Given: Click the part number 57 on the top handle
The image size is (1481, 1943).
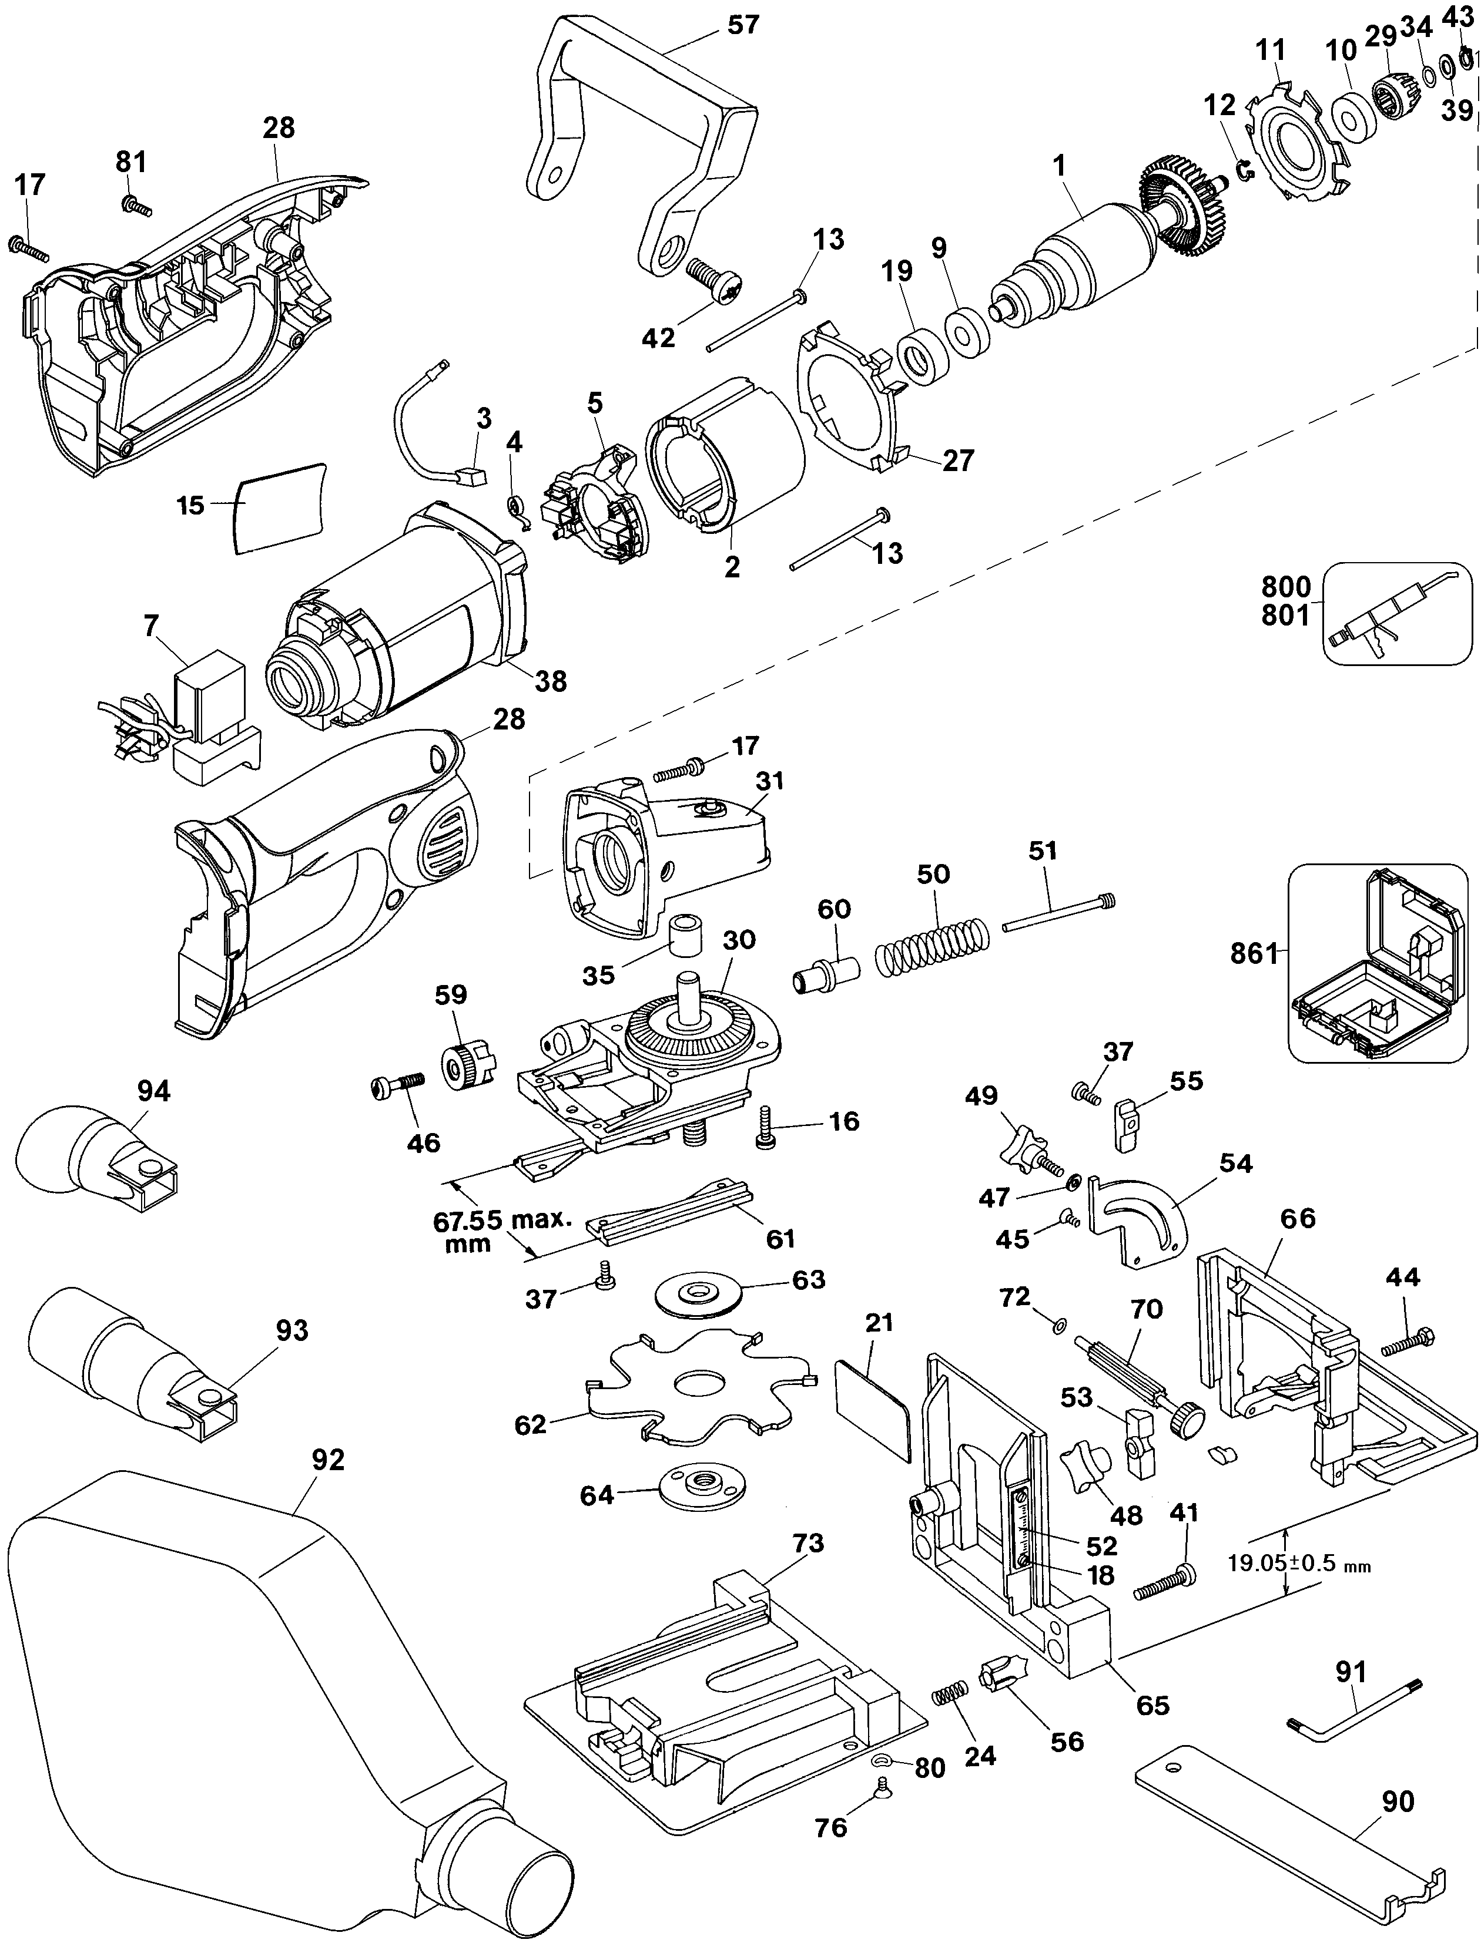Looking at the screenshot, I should click(x=742, y=25).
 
